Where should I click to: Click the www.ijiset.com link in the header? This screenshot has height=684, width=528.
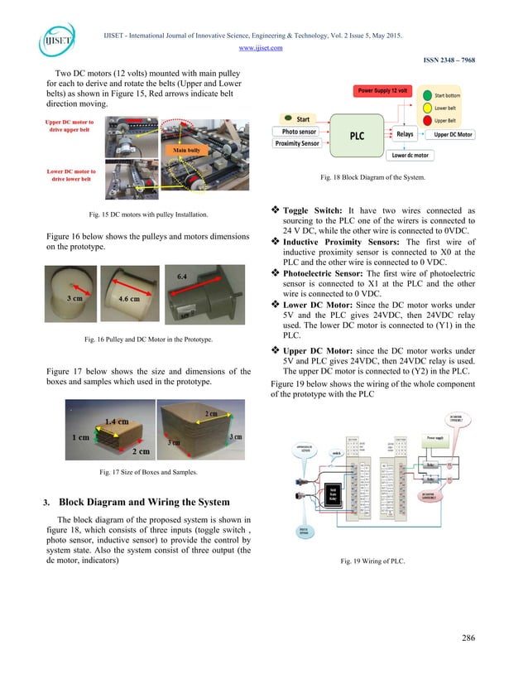click(264, 47)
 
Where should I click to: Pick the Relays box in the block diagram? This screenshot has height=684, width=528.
click(405, 132)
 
